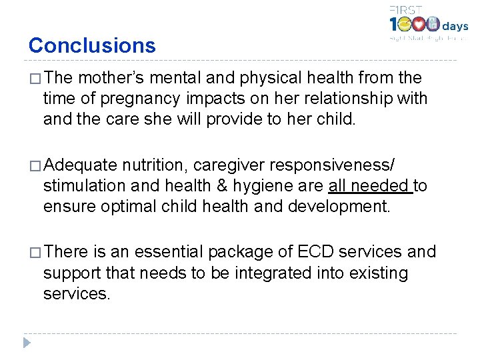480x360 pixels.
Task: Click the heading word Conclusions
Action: point(92,45)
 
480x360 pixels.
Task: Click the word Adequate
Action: point(81,165)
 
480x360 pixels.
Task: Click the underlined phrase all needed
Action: point(369,185)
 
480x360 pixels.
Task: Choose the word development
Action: point(339,206)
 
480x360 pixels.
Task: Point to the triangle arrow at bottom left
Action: point(26,343)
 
